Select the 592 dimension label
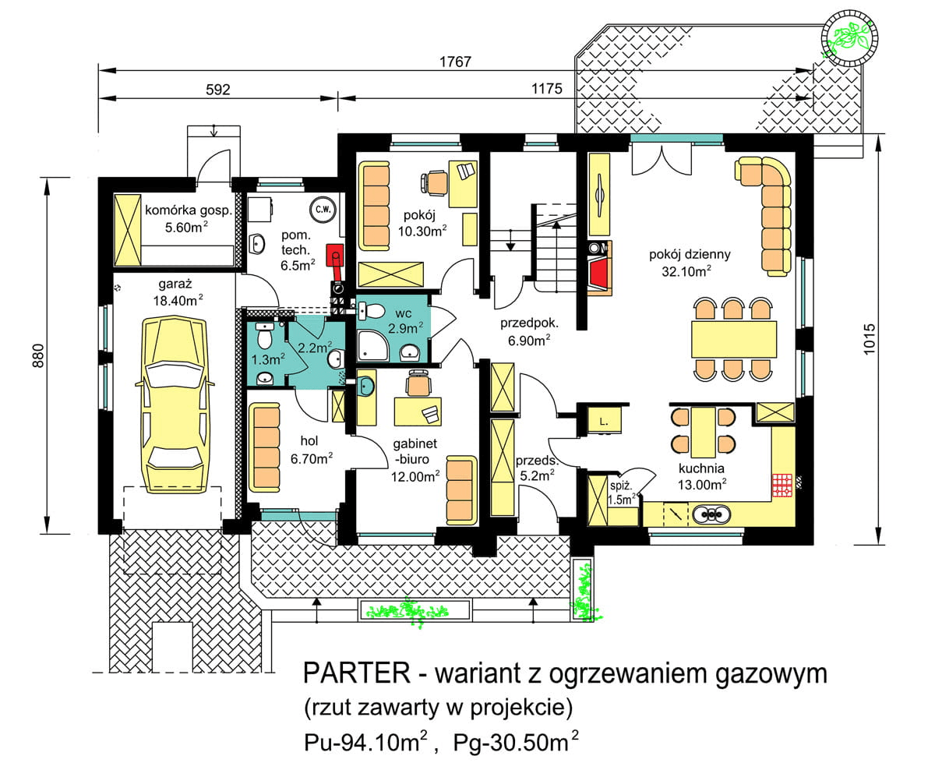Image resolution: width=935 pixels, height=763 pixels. (217, 90)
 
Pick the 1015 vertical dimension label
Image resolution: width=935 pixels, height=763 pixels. (894, 339)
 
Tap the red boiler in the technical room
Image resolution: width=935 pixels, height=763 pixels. (335, 256)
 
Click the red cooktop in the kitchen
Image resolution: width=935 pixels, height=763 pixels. (782, 484)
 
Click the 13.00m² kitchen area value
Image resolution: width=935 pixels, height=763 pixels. (701, 483)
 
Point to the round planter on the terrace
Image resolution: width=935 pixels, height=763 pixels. (849, 36)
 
